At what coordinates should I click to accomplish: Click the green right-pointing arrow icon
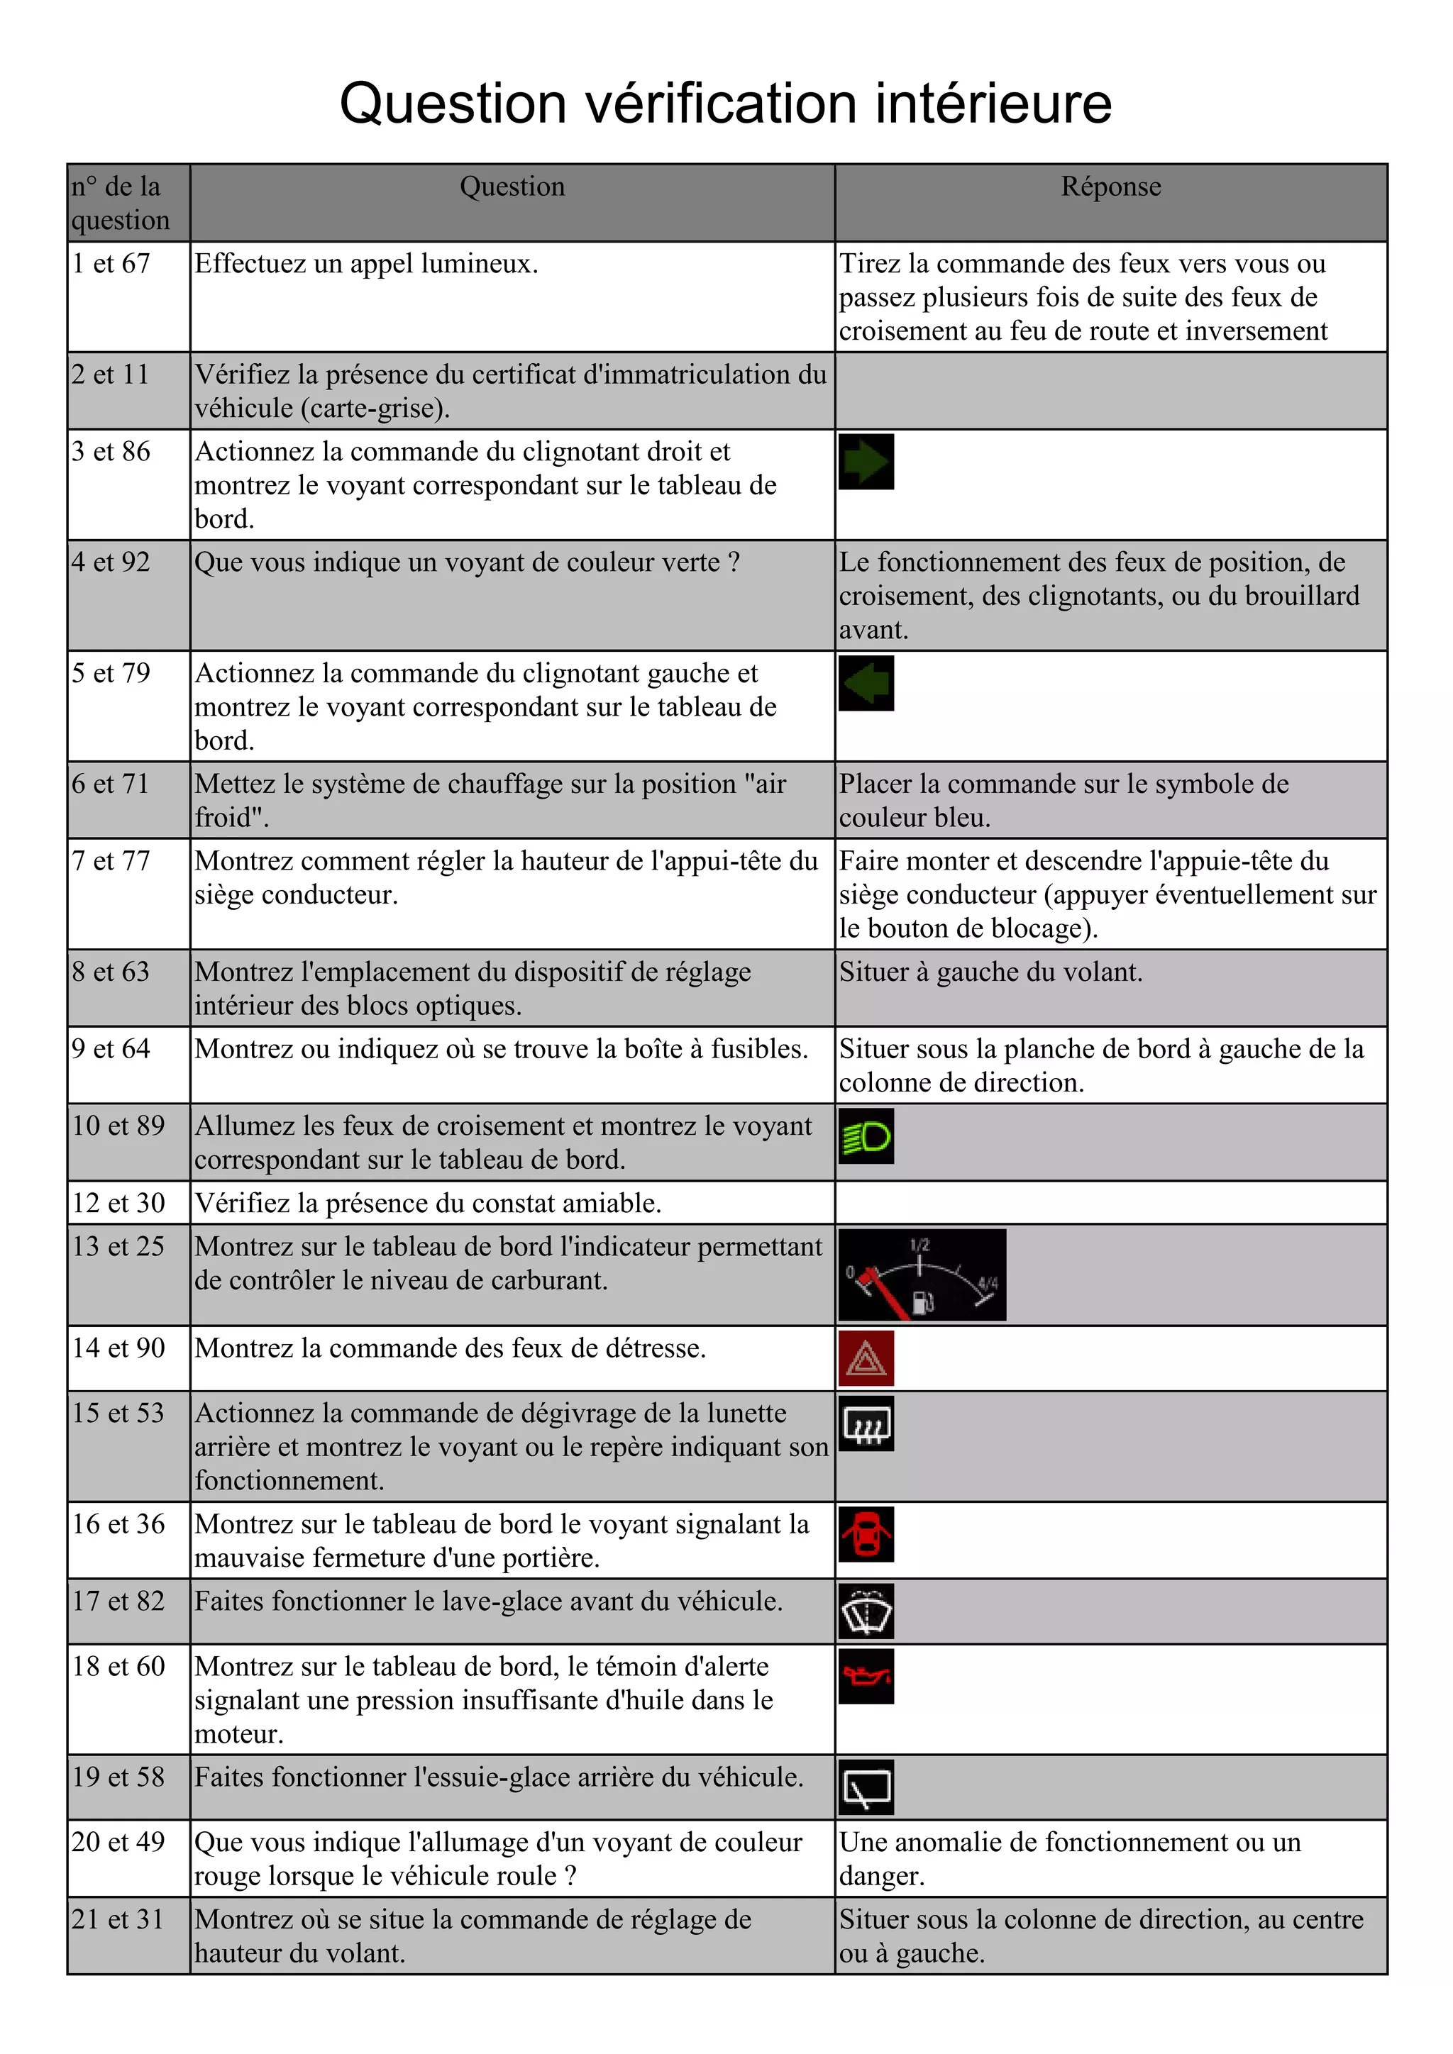(x=866, y=462)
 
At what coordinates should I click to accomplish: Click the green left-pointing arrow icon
(x=866, y=684)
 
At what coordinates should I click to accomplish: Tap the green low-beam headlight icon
(x=866, y=1136)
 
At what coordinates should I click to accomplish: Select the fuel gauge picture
(x=922, y=1274)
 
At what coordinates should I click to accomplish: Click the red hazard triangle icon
(x=866, y=1358)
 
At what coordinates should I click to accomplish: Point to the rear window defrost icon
(x=866, y=1423)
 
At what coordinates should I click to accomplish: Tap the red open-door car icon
(x=866, y=1534)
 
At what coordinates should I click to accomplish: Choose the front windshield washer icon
(x=866, y=1611)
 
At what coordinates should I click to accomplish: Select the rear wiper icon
(x=866, y=1787)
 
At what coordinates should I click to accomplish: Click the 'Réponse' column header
(x=1110, y=187)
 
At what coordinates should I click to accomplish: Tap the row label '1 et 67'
(x=111, y=264)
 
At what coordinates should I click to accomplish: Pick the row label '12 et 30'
(x=118, y=1203)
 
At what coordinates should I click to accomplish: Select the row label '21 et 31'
(x=118, y=1919)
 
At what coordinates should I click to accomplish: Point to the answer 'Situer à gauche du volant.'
(x=990, y=972)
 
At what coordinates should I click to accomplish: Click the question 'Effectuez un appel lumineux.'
(x=366, y=264)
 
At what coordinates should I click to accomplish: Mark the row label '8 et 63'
(x=111, y=972)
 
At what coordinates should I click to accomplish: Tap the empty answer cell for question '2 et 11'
(x=1110, y=391)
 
